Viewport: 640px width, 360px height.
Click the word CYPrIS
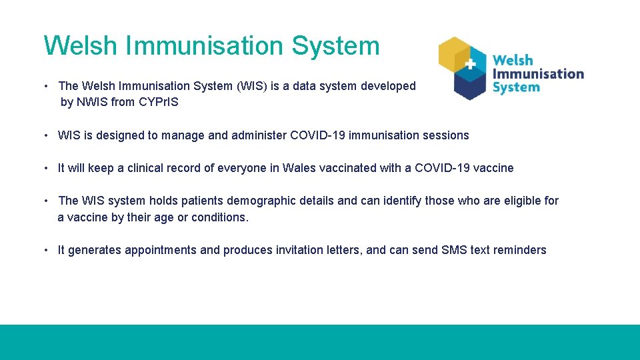pos(159,102)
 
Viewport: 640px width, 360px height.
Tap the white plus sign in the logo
pos(470,64)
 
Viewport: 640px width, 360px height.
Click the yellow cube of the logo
pos(454,55)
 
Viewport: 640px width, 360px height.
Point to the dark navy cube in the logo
pos(470,85)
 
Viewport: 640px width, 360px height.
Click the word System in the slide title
pos(335,46)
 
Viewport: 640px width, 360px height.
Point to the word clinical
pos(145,168)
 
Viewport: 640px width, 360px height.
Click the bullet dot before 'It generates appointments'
pos(46,250)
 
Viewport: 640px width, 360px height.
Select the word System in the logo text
pos(516,87)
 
